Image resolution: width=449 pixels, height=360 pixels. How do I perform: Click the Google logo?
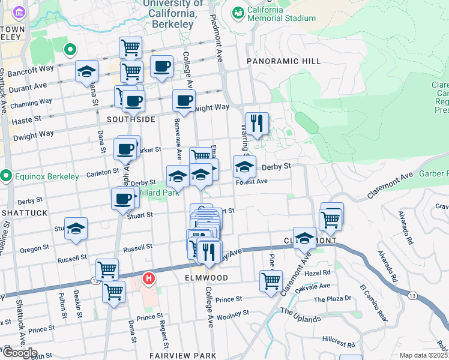coord(19,352)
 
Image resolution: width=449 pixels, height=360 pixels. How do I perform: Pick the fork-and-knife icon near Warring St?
coord(257,124)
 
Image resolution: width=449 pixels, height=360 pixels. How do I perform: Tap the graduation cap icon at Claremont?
coord(304,238)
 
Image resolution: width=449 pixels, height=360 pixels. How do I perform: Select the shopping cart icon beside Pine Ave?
coord(271,280)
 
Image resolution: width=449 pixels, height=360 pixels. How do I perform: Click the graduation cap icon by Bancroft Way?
coord(86,71)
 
